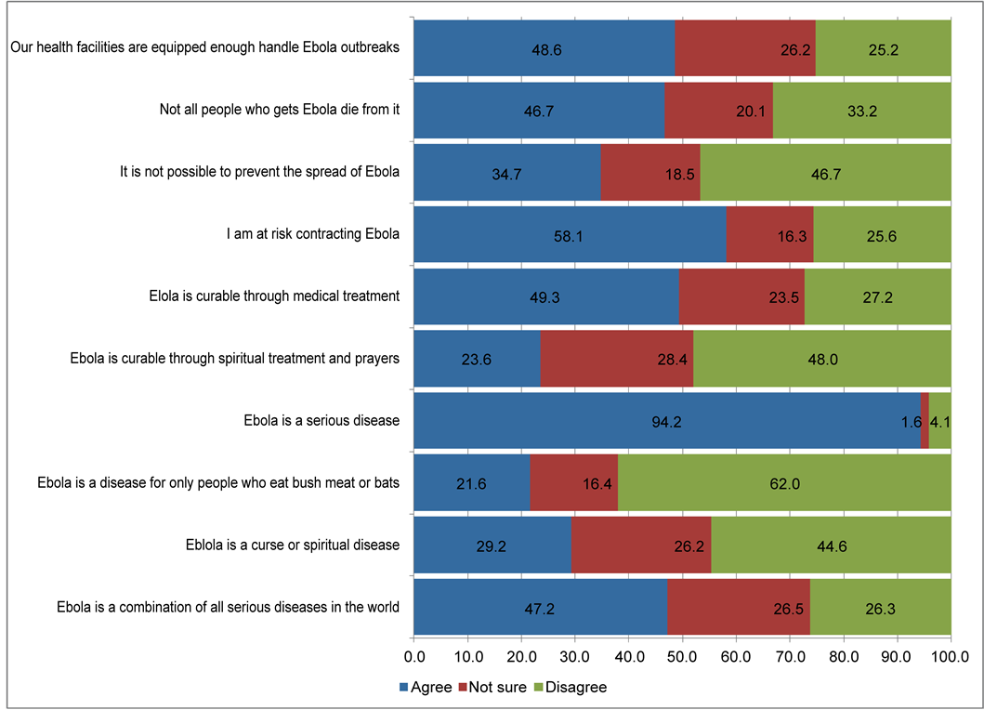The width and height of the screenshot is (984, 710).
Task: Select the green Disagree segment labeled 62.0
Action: (784, 483)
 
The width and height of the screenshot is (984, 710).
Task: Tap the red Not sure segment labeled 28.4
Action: (617, 359)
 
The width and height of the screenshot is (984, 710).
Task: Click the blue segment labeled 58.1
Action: (569, 234)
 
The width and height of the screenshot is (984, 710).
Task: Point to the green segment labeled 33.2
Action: (862, 110)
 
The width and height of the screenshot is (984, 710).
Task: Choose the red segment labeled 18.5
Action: (650, 172)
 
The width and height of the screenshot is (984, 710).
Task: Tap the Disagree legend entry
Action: (569, 688)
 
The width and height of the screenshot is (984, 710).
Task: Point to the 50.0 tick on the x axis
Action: (682, 657)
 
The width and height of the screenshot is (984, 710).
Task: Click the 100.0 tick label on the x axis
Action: (951, 657)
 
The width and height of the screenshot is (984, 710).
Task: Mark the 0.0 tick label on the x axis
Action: (413, 657)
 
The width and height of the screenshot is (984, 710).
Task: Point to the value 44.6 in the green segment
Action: (831, 546)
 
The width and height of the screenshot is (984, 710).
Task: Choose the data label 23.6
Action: (477, 359)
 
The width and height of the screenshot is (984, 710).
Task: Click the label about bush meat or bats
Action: (218, 483)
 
